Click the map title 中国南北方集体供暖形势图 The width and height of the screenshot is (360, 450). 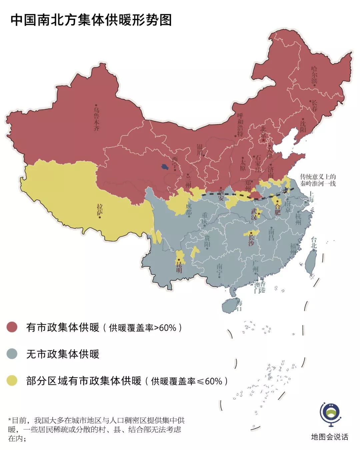91,20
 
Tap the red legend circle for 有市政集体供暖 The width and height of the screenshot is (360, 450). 12,327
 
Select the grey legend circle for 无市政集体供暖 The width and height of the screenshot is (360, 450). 12,354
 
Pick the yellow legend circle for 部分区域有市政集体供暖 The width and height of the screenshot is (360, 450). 12,380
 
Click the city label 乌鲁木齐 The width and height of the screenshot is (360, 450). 96,119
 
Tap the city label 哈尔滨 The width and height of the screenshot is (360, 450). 314,75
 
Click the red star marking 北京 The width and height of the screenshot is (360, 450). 264,140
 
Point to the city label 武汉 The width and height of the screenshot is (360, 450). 254,214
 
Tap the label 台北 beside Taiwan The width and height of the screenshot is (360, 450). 314,242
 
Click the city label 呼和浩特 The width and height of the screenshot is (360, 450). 240,124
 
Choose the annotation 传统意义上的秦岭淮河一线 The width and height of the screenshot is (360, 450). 318,180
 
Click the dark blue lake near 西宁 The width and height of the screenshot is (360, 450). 164,166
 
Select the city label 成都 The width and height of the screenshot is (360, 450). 189,209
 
